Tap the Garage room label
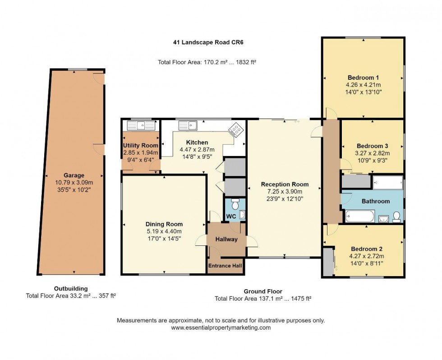click(x=74, y=175)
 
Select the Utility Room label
click(x=141, y=145)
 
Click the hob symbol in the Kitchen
click(x=235, y=130)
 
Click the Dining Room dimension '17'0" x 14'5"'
click(x=164, y=239)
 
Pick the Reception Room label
click(x=285, y=184)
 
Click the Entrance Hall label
click(x=225, y=266)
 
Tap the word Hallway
click(x=226, y=239)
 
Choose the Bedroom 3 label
click(x=372, y=146)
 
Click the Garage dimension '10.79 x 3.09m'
click(x=74, y=183)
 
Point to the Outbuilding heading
click(x=71, y=289)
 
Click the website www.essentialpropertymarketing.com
click(x=221, y=328)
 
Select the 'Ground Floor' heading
click(x=263, y=291)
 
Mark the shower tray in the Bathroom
click(x=388, y=183)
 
